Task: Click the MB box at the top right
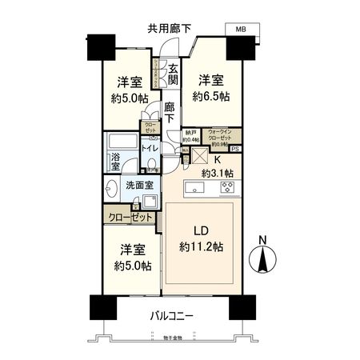(x=241, y=29)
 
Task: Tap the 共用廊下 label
(x=169, y=29)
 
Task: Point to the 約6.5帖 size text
(x=210, y=95)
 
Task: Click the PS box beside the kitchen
(x=234, y=150)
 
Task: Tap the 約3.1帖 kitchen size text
(x=218, y=172)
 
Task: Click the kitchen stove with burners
(x=226, y=190)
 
